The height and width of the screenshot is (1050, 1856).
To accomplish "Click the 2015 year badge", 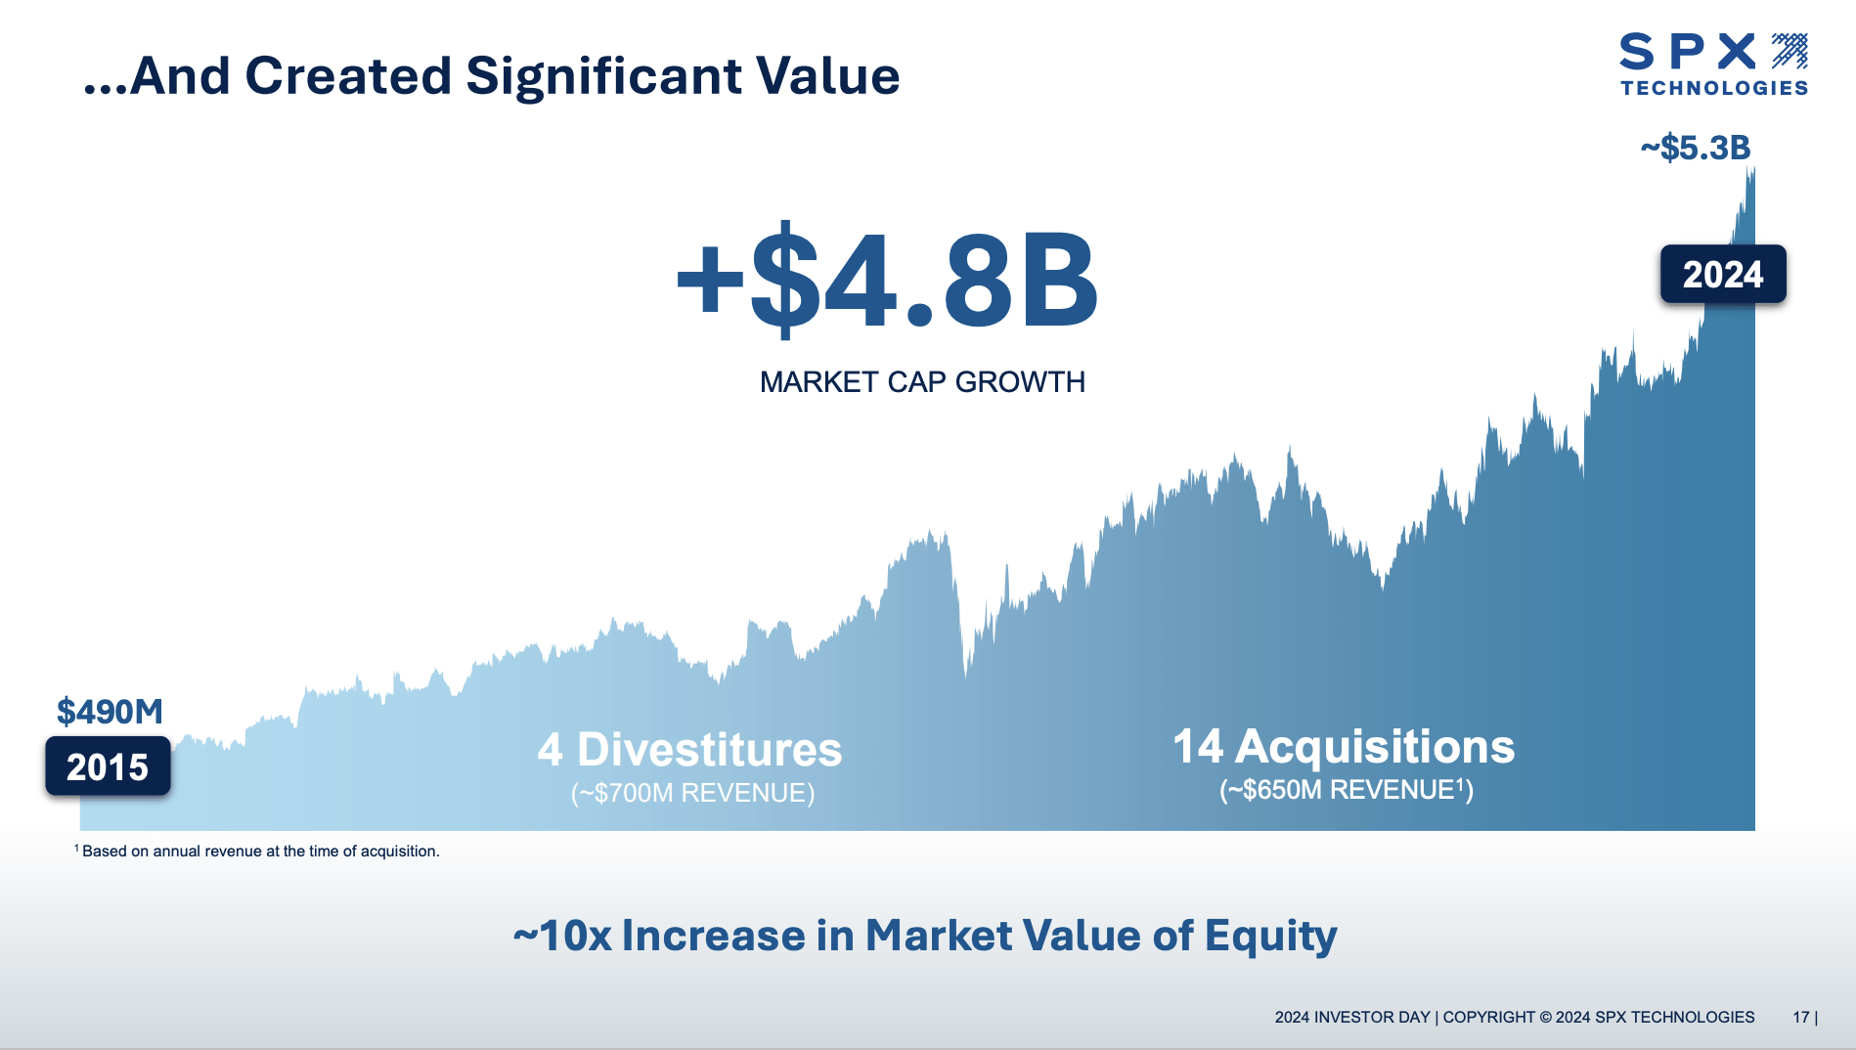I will point(108,766).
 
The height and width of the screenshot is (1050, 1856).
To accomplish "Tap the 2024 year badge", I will point(1722,275).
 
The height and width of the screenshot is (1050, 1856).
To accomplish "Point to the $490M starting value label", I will point(110,711).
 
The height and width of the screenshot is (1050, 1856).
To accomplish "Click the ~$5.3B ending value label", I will point(1696,148).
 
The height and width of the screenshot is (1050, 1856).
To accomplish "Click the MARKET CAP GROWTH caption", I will point(922,381).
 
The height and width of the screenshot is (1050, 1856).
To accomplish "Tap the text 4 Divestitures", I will point(689,750).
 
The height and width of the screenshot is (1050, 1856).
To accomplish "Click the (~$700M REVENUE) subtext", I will point(692,793).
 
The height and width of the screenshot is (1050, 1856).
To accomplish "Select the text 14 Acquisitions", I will point(1344,747).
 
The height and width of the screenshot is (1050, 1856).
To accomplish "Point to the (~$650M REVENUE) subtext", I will point(1346,790).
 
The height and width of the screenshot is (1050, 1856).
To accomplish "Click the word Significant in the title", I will point(603,76).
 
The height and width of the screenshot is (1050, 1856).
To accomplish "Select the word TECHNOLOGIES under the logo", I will point(1714,88).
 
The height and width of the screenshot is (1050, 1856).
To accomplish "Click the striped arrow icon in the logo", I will point(1790,51).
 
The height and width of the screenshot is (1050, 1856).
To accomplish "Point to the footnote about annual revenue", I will point(259,852).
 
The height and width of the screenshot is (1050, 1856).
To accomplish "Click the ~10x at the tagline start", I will point(562,936).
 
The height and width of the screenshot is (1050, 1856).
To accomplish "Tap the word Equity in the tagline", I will point(1270,936).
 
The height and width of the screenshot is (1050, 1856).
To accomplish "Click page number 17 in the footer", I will point(1800,1017).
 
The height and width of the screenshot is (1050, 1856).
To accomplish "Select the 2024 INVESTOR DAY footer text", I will point(1351,1017).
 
